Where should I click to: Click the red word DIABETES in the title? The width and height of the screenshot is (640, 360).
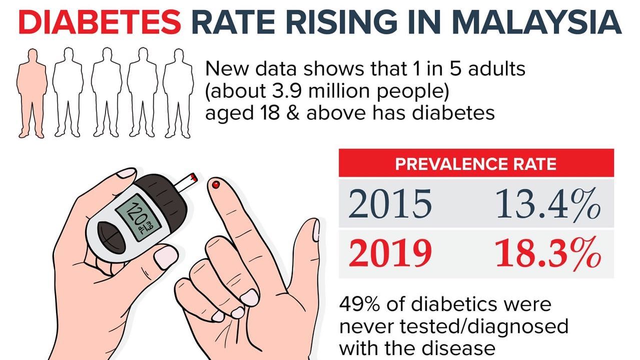coord(100,23)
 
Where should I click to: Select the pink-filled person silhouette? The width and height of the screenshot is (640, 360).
coord(32,93)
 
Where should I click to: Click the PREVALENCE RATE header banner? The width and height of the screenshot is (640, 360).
coord(476,163)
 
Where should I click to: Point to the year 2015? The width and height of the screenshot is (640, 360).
coord(390,204)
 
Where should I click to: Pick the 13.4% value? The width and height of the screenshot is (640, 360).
coord(548,204)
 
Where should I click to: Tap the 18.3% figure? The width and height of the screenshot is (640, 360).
coord(548,253)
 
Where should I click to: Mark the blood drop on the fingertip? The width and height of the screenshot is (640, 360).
coord(216,185)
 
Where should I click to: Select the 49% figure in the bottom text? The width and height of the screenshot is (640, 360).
coord(359,304)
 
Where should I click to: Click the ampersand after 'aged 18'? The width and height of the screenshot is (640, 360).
coord(293,113)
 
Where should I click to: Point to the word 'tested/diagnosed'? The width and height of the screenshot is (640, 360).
coord(484,326)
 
